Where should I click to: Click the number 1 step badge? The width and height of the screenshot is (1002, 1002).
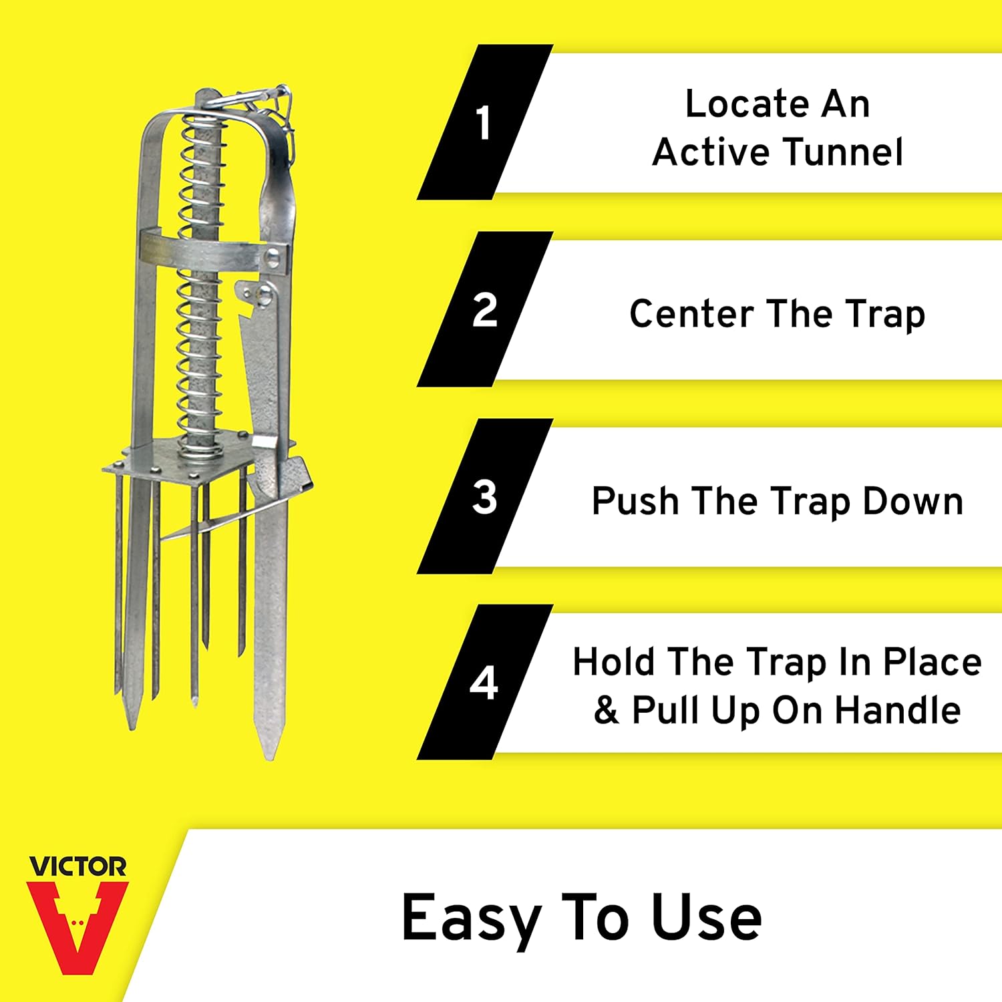pyautogui.click(x=484, y=123)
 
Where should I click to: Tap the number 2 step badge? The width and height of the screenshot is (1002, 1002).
pyautogui.click(x=484, y=310)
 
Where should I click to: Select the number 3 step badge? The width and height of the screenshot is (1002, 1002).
pyautogui.click(x=484, y=497)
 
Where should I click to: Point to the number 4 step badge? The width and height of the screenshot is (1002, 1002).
pyautogui.click(x=484, y=683)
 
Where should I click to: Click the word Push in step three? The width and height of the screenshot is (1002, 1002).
pyautogui.click(x=635, y=501)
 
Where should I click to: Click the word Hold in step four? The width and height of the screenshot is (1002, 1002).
pyautogui.click(x=614, y=662)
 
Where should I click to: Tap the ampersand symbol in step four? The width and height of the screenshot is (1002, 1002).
pyautogui.click(x=606, y=710)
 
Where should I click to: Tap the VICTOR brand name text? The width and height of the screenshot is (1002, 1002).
pyautogui.click(x=77, y=867)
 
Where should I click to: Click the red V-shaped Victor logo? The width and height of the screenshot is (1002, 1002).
pyautogui.click(x=77, y=925)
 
